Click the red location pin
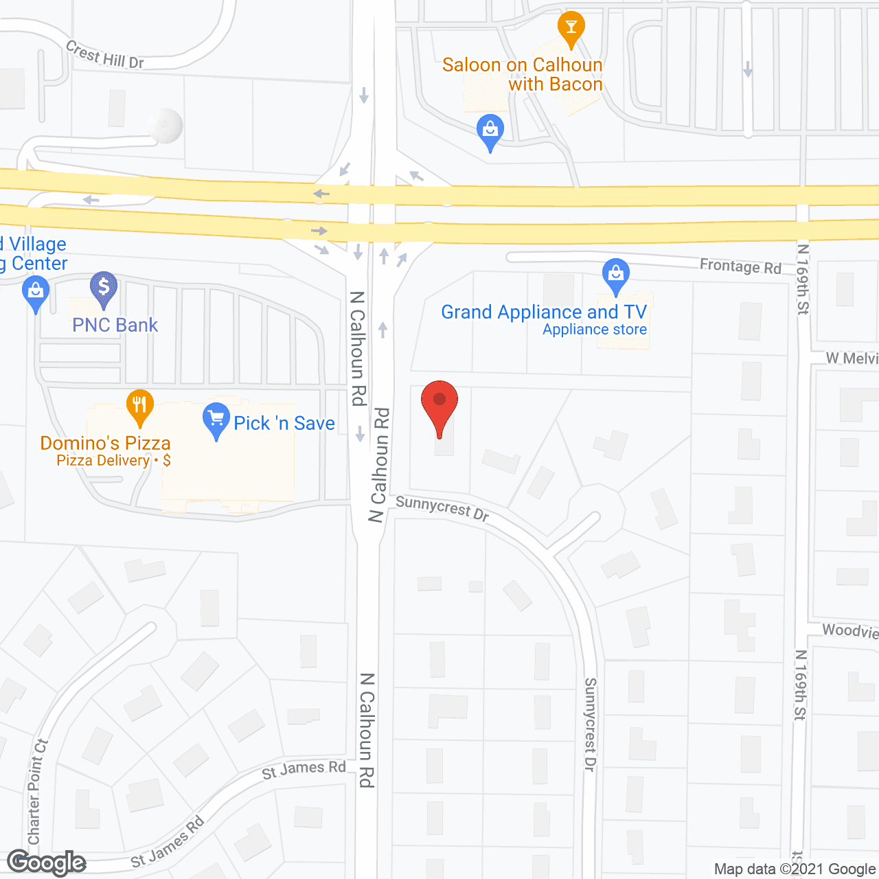pyautogui.click(x=439, y=405)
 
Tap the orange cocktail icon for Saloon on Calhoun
pyautogui.click(x=571, y=27)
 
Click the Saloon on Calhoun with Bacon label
pyautogui.click(x=523, y=74)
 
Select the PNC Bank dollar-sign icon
pyautogui.click(x=104, y=287)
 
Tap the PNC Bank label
pyautogui.click(x=115, y=325)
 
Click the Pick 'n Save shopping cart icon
pyautogui.click(x=216, y=418)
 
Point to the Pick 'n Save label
pyautogui.click(x=284, y=423)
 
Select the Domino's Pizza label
pyautogui.click(x=105, y=443)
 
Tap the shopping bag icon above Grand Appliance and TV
pyautogui.click(x=616, y=275)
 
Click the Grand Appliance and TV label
pyautogui.click(x=543, y=312)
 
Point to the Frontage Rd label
pyautogui.click(x=740, y=266)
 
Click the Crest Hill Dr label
pyautogui.click(x=105, y=54)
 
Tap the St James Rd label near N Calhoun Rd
pyautogui.click(x=304, y=769)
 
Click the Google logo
pyautogui.click(x=46, y=863)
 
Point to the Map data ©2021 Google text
pyautogui.click(x=795, y=869)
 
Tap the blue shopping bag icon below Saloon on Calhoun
pyautogui.click(x=490, y=130)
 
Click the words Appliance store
pyautogui.click(x=595, y=330)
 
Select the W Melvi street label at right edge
pyautogui.click(x=852, y=358)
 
